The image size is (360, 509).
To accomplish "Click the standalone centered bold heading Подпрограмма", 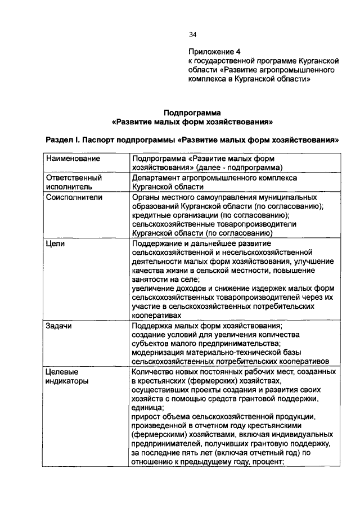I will (x=192, y=112).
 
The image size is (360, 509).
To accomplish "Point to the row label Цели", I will (x=55, y=244).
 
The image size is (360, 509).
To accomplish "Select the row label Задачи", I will (x=59, y=326).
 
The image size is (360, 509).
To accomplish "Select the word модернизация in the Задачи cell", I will (x=159, y=353).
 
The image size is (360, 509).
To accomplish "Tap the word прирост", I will (x=145, y=417).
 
